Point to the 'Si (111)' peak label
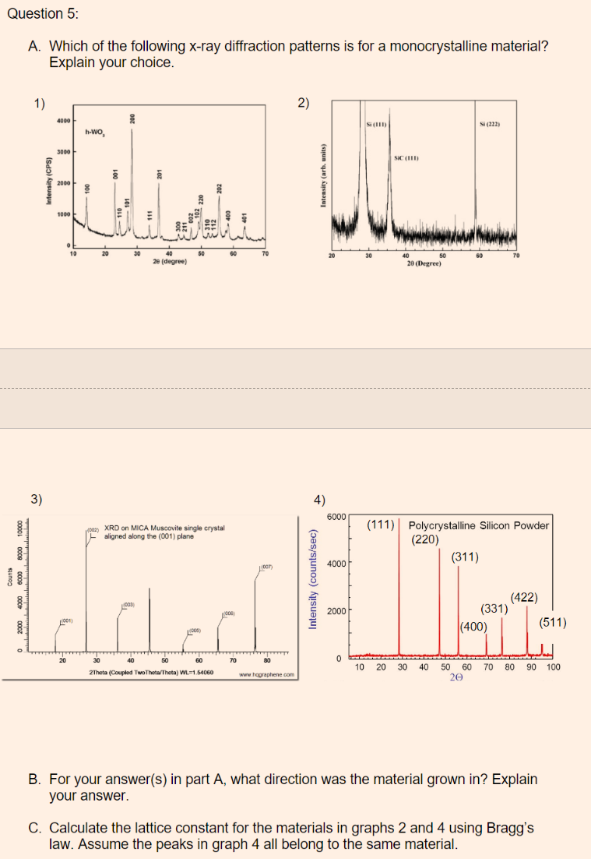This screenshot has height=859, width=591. [x=377, y=125]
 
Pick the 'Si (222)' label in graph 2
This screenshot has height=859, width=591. [x=494, y=125]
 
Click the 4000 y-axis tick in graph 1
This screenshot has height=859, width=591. [x=63, y=122]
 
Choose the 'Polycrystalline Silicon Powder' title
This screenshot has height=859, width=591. [x=479, y=525]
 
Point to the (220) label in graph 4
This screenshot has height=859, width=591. [x=424, y=539]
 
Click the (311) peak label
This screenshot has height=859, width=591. [x=464, y=557]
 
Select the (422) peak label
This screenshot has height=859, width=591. [x=523, y=597]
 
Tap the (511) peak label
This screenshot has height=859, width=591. [x=552, y=623]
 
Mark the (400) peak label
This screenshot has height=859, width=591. [x=473, y=626]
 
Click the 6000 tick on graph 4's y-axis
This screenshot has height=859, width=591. [x=336, y=518]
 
